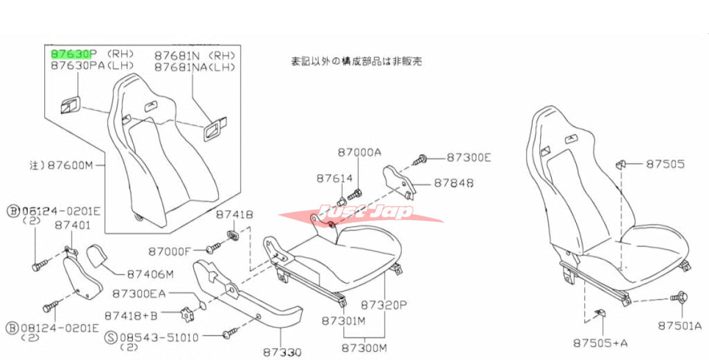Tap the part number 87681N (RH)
(195, 55)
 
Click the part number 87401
(73, 225)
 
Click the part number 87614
(334, 177)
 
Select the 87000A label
(360, 152)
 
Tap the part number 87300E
(468, 157)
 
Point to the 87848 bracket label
(453, 183)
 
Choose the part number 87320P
(384, 306)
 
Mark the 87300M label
(364, 348)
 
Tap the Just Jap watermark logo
(361, 212)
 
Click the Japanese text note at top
(356, 61)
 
